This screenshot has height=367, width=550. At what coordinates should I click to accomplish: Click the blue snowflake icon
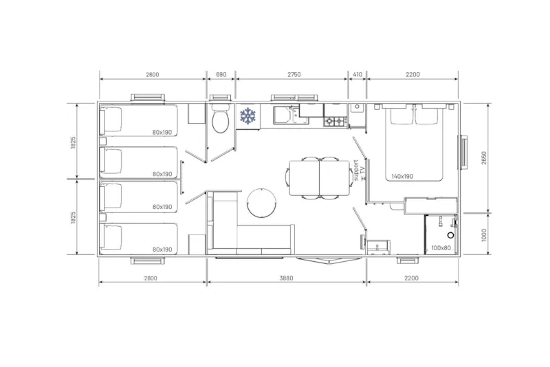click(x=247, y=116)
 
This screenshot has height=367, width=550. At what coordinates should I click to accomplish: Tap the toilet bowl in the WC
click(x=221, y=122)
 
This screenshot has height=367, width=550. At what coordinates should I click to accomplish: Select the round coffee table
click(x=261, y=202)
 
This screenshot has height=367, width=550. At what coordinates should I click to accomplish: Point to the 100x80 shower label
click(x=440, y=247)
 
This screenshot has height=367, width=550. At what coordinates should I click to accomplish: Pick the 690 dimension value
click(x=221, y=74)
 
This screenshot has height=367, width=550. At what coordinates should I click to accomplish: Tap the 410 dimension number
click(x=357, y=74)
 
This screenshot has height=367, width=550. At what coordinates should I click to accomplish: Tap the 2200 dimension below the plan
click(x=411, y=278)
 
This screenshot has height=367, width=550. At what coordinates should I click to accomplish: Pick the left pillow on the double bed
click(x=402, y=116)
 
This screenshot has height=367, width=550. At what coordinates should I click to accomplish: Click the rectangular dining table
click(x=319, y=177)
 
